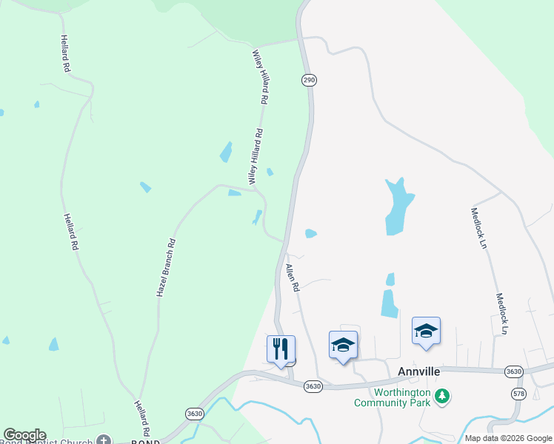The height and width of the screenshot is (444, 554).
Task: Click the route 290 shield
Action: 309,79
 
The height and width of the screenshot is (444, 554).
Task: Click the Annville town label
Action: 419,371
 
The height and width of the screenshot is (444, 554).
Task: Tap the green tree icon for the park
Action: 442,397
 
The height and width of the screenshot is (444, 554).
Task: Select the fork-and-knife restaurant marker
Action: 281,349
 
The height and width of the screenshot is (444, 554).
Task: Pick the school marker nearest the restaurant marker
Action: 343,345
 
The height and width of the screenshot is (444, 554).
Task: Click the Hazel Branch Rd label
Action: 165,268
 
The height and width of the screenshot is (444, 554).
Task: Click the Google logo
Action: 24,435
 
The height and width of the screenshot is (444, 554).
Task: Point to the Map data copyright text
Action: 507,438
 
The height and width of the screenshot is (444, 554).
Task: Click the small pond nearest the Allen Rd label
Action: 311,234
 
